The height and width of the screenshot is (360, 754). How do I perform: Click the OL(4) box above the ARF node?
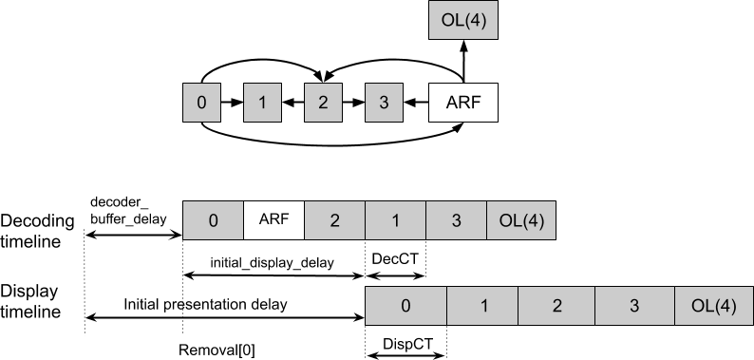click(x=462, y=20)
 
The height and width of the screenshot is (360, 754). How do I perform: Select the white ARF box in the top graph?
click(x=462, y=102)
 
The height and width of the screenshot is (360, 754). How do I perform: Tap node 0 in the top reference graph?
click(x=200, y=102)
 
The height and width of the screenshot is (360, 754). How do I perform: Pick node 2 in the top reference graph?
click(x=323, y=102)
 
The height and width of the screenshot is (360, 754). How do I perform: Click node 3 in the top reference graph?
click(x=384, y=102)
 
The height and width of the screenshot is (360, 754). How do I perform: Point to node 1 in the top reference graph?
click(x=262, y=102)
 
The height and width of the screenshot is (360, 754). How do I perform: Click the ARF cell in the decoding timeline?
click(x=273, y=220)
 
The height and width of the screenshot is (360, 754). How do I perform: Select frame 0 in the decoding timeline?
click(x=213, y=220)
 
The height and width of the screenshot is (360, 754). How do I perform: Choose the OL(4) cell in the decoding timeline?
click(x=521, y=220)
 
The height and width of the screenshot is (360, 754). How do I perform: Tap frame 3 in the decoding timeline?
click(x=456, y=220)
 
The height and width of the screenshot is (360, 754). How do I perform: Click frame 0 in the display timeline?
click(x=405, y=307)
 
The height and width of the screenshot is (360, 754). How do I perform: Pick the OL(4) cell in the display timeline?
click(x=712, y=307)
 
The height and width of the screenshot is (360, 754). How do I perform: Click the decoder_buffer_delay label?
click(x=128, y=210)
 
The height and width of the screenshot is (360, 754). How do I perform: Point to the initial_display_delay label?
click(x=273, y=262)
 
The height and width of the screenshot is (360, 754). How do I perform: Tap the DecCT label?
click(x=395, y=257)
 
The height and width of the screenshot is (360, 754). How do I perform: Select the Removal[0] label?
click(x=217, y=349)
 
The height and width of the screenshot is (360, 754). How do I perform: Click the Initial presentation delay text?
click(x=205, y=304)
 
